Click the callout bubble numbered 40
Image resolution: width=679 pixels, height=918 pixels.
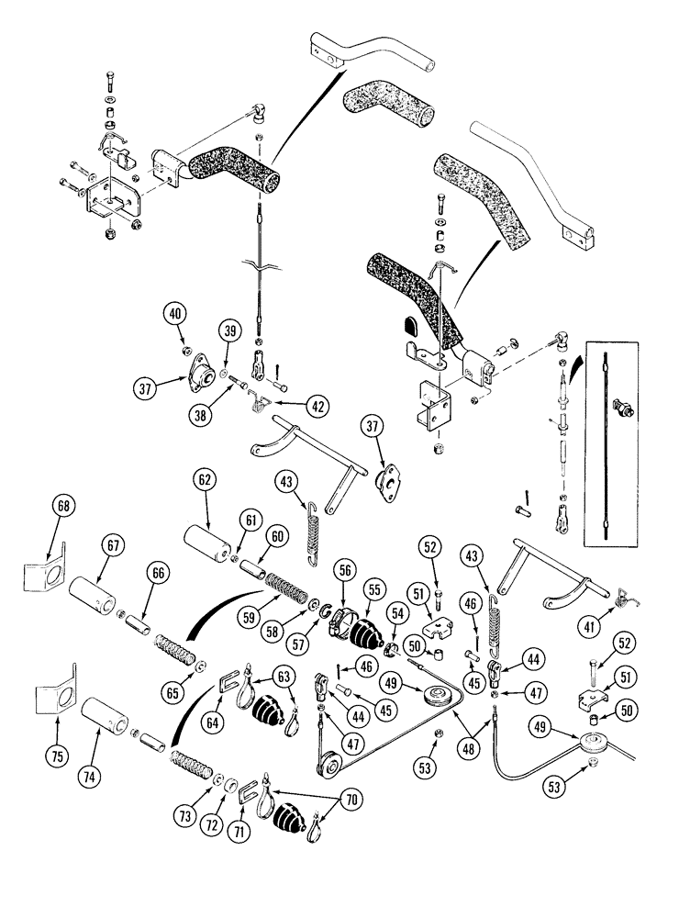coord(176,315)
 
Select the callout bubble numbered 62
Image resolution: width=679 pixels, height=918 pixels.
coord(206,480)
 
